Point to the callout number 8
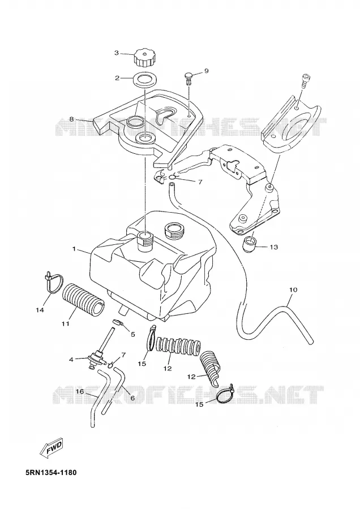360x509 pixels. tap(72, 119)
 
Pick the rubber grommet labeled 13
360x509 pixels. tap(250, 245)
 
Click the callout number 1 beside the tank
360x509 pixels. tap(74, 249)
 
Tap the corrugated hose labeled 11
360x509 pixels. tap(83, 300)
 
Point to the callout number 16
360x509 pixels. tap(80, 391)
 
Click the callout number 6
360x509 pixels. tap(132, 398)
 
